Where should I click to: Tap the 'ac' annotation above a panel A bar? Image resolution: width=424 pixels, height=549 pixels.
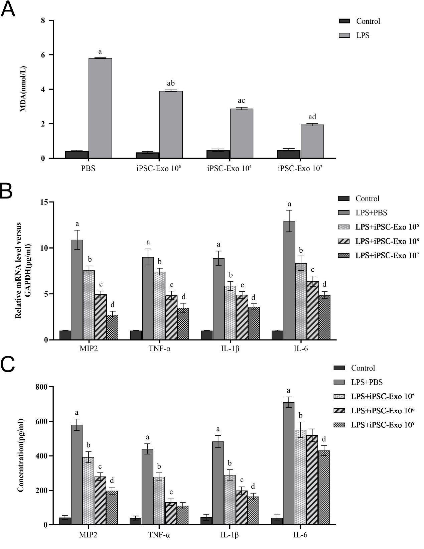click(x=241, y=101)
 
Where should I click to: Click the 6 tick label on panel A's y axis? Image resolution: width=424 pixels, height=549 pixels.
click(x=42, y=55)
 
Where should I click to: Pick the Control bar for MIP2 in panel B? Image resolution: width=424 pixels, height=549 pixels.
click(x=65, y=335)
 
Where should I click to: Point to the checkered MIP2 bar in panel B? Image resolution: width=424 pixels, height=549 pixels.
click(x=112, y=327)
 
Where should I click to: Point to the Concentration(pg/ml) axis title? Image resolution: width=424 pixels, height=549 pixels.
click(x=21, y=455)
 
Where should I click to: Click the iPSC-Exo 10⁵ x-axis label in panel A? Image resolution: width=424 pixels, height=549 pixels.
click(x=159, y=168)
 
